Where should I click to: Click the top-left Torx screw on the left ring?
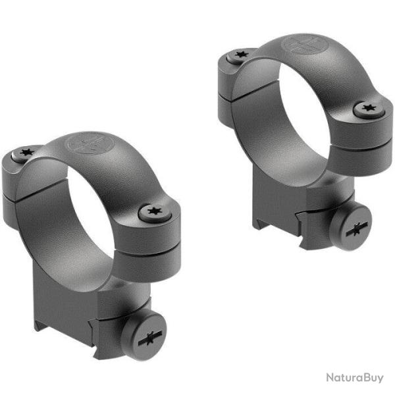(x=27, y=154)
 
